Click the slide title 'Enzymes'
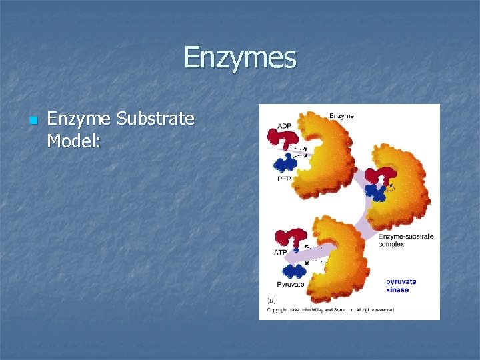pos(239,57)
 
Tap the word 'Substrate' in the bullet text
pos(155,119)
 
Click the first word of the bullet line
pos(79,119)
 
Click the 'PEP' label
pos(284,179)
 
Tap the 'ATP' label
pos(281,253)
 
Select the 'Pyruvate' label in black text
pos(290,284)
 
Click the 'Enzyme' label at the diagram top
pos(341,116)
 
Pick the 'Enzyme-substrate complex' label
pos(405,240)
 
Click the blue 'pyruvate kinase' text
pos(401,285)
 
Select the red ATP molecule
pos(291,238)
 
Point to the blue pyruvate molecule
pos(293,271)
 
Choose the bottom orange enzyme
pos(340,260)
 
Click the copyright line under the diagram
pos(330,310)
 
